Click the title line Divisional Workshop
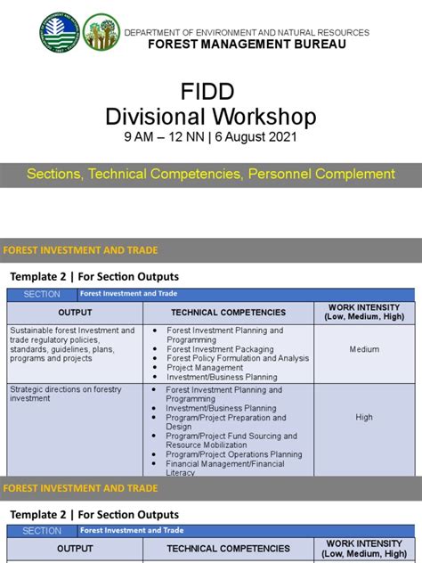(210, 117)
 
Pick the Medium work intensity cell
(364, 350)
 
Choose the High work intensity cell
(364, 417)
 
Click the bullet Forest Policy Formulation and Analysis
(238, 359)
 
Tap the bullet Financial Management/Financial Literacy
(225, 468)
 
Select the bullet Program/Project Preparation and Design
(226, 421)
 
